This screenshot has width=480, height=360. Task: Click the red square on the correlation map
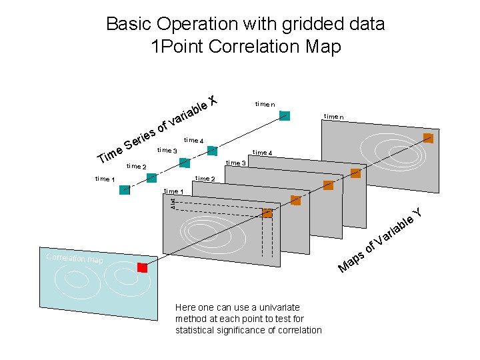(x=142, y=267)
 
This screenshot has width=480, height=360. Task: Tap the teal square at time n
(x=285, y=115)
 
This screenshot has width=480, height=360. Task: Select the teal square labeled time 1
(x=125, y=190)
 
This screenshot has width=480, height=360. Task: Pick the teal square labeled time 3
(x=185, y=163)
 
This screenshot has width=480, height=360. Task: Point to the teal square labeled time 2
(x=151, y=177)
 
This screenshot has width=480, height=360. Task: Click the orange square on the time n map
(x=428, y=139)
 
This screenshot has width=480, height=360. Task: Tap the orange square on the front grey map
(x=267, y=213)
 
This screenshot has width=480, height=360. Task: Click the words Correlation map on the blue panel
(x=75, y=259)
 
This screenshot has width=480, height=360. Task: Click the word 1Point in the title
(x=178, y=47)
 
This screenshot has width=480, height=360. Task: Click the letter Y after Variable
(x=417, y=213)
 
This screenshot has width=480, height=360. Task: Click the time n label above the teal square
(x=265, y=104)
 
